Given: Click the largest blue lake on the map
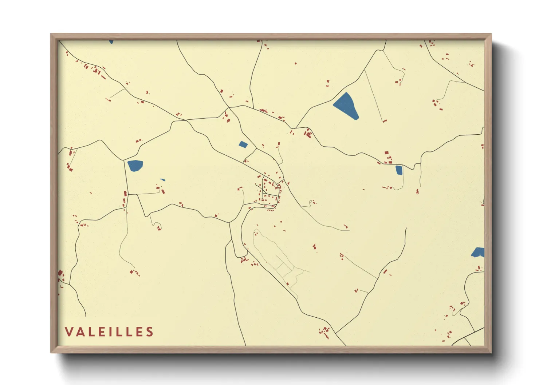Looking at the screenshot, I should pyautogui.click(x=345, y=106).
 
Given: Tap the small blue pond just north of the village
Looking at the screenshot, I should pyautogui.click(x=243, y=144).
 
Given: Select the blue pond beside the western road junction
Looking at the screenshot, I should pyautogui.click(x=135, y=166).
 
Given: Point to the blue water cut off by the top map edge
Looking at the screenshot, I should pyautogui.click(x=111, y=42).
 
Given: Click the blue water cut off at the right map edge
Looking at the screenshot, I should pyautogui.click(x=478, y=252).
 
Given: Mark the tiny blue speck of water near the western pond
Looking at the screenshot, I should pyautogui.click(x=162, y=180).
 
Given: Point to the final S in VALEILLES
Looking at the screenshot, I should pyautogui.click(x=150, y=332).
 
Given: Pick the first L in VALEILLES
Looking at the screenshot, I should pyautogui.click(x=93, y=332).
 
